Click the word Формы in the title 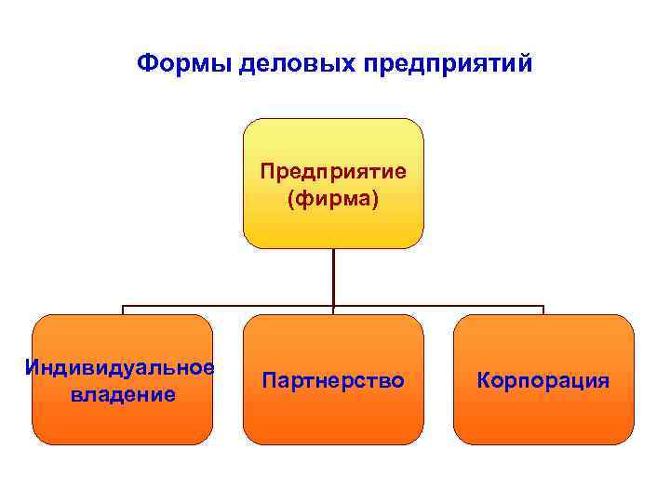(x=183, y=64)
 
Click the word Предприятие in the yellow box (x=333, y=172)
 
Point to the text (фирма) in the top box (x=333, y=200)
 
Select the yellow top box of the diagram (x=333, y=139)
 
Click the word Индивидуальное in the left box (x=122, y=366)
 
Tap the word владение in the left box (x=122, y=394)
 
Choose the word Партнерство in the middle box (x=333, y=380)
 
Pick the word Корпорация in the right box (x=543, y=380)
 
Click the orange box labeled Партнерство (x=333, y=418)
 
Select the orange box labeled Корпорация (x=543, y=418)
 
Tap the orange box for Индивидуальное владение (x=122, y=423)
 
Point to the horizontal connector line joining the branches (x=233, y=305)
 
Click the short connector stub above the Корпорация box (x=543, y=310)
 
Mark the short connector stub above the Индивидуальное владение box (x=123, y=310)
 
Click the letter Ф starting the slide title (x=145, y=64)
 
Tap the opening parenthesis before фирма (x=291, y=200)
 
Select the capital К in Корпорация (x=483, y=380)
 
